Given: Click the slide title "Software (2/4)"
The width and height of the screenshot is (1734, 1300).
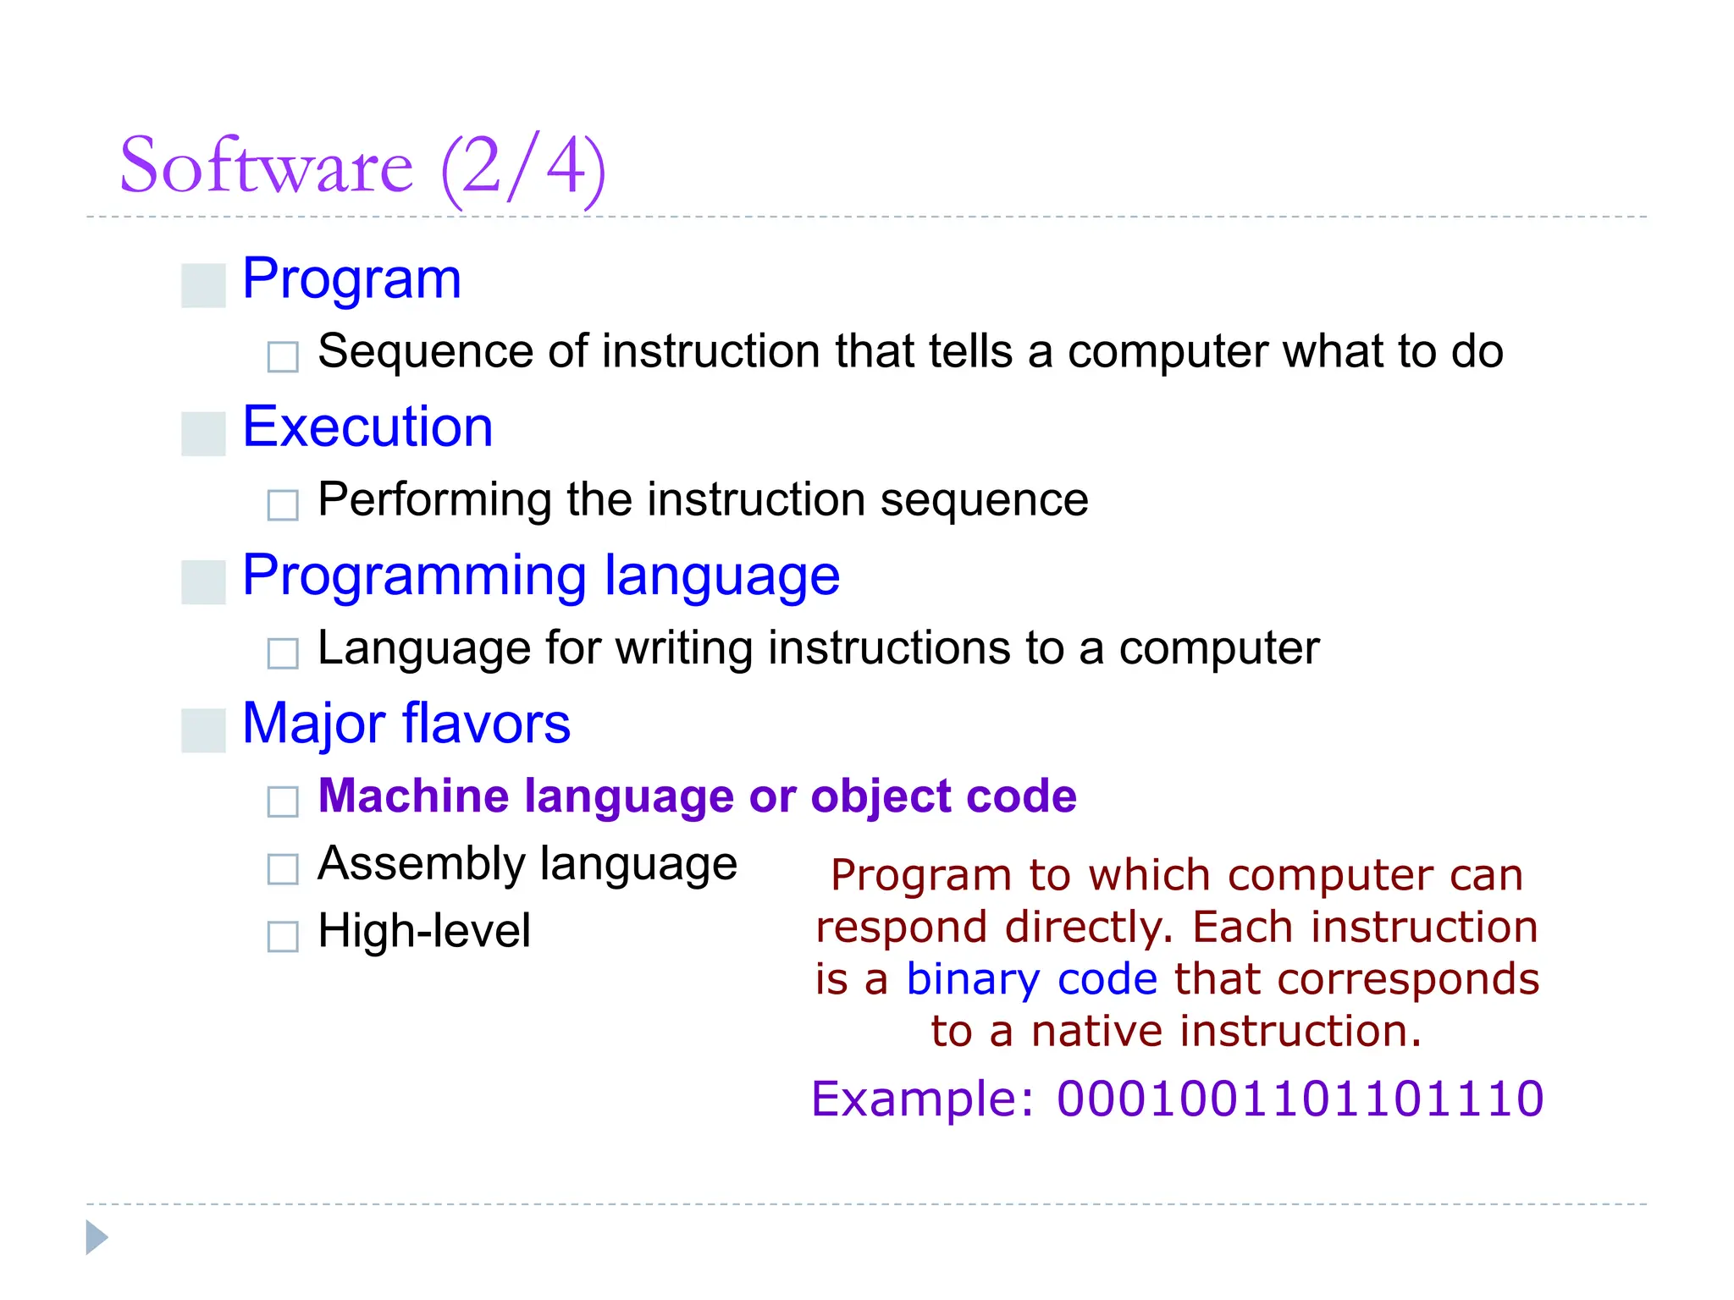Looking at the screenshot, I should (362, 167).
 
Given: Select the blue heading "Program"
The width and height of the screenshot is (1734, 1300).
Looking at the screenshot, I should (351, 279).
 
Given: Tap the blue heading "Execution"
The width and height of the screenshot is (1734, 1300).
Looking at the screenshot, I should (367, 427).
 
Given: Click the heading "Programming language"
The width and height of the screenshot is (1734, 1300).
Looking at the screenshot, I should (540, 576).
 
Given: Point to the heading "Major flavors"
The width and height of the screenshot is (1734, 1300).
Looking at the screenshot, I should (406, 724).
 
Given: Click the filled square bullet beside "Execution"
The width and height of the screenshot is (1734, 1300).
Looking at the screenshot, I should (203, 433).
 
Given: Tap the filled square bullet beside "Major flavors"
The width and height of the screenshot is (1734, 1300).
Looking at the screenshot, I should (203, 730).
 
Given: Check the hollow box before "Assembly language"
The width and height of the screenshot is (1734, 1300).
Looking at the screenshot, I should (283, 869).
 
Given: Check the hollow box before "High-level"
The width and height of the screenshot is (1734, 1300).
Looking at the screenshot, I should (283, 937).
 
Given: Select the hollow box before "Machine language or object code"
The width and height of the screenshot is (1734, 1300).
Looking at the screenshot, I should (283, 801).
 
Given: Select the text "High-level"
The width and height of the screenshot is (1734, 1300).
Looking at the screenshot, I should (424, 931).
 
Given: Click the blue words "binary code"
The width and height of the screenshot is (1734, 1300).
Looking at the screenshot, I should (1031, 979).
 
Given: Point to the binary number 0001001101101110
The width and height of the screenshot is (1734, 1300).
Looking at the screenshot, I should (1300, 1099).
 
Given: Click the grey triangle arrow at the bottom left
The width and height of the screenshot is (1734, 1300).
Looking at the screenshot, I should (97, 1237).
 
